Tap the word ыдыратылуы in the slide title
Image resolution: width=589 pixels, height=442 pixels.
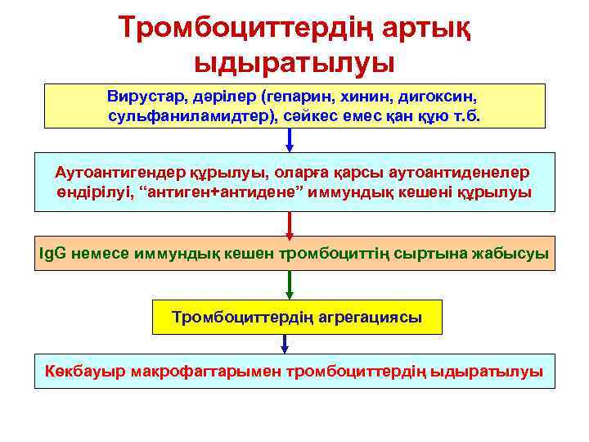294,62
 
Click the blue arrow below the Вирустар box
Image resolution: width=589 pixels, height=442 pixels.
290,140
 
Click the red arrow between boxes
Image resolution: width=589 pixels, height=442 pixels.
290,223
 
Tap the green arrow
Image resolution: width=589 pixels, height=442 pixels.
290,286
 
